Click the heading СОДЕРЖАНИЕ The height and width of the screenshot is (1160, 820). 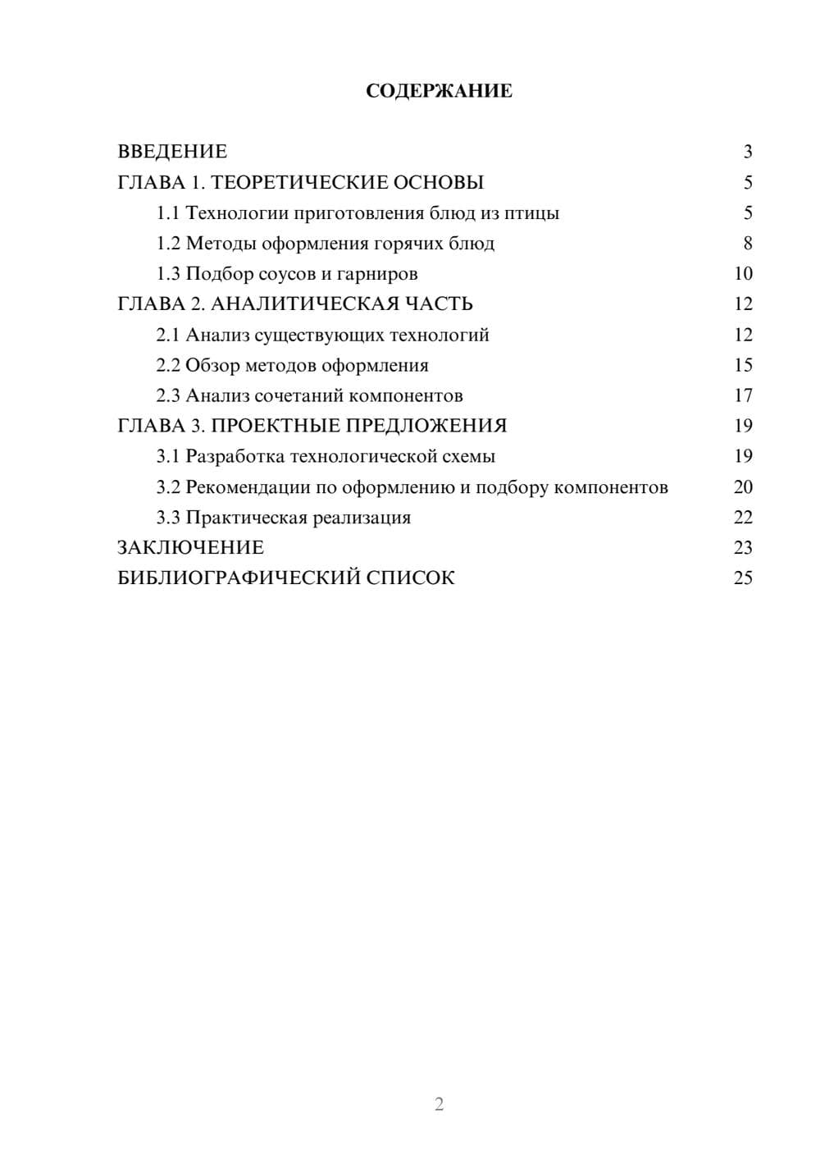pyautogui.click(x=439, y=91)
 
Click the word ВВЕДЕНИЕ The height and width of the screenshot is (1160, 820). pyautogui.click(x=172, y=152)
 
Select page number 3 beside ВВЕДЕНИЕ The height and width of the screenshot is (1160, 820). pyautogui.click(x=748, y=152)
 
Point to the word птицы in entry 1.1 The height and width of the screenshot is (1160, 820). pyautogui.click(x=532, y=213)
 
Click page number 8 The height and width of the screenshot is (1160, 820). pyautogui.click(x=748, y=244)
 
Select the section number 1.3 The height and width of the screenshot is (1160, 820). pyautogui.click(x=168, y=274)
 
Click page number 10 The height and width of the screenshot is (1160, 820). pyautogui.click(x=743, y=274)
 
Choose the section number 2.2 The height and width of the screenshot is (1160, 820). pyautogui.click(x=168, y=365)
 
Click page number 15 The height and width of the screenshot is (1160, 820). pyautogui.click(x=743, y=365)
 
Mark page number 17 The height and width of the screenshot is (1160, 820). pyautogui.click(x=743, y=396)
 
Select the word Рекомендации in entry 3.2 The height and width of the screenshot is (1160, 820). pyautogui.click(x=248, y=487)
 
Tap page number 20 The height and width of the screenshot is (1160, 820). pyautogui.click(x=743, y=487)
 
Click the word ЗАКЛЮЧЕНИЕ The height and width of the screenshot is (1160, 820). pyautogui.click(x=191, y=548)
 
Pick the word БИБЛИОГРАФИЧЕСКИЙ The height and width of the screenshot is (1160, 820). pyautogui.click(x=239, y=578)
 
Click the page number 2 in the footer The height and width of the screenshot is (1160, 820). pyautogui.click(x=439, y=1104)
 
